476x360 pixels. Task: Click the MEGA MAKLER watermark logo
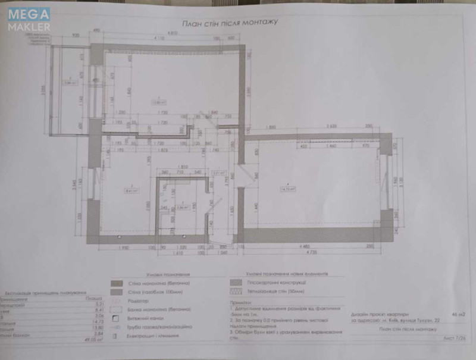(x=29, y=18)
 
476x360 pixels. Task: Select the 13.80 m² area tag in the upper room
(x=158, y=100)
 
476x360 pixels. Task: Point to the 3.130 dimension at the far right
(x=403, y=180)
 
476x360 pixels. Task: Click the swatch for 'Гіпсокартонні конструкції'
(x=236, y=284)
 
